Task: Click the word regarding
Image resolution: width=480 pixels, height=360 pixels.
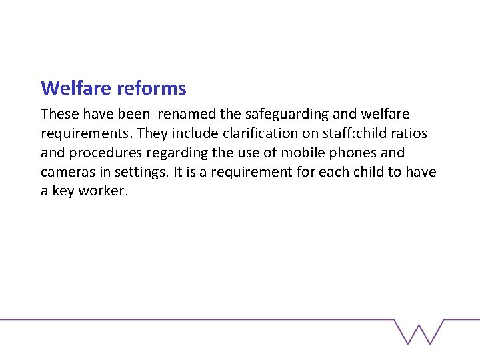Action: pyautogui.click(x=165, y=153)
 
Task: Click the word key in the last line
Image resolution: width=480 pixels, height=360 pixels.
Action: pyautogui.click(x=63, y=191)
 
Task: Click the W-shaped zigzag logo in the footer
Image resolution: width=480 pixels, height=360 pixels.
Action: pyautogui.click(x=419, y=331)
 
